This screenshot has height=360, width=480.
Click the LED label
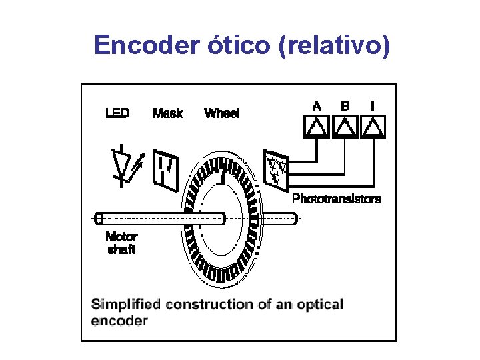point(117,113)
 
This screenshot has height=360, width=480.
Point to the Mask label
point(167,113)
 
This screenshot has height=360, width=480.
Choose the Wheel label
point(222,113)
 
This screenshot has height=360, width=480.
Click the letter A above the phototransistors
point(317,105)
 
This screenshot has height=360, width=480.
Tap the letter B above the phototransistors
point(345,105)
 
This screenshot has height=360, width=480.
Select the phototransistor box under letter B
point(344,127)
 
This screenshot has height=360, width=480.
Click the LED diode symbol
point(124,164)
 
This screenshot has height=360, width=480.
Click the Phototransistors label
point(337,199)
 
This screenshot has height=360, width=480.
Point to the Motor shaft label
point(121,243)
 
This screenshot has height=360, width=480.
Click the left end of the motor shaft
point(99,218)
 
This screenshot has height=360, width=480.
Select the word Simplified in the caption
point(126,305)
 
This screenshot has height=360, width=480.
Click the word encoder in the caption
point(119,321)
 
